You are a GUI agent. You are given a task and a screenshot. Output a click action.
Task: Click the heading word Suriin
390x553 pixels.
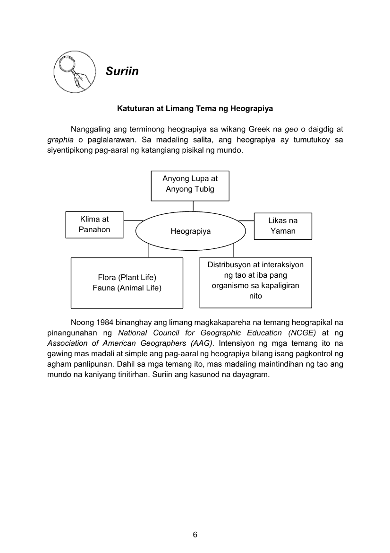pos(122,71)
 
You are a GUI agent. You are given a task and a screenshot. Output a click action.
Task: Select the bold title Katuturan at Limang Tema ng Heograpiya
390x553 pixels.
pos(195,108)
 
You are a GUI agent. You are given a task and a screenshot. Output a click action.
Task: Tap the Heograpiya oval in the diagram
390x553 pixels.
pos(191,231)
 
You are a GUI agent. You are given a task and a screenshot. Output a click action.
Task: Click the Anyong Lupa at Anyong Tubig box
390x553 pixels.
pos(190,185)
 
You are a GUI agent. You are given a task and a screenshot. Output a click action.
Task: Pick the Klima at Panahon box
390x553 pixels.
pos(94,225)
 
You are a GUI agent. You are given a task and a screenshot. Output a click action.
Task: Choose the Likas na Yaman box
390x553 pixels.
pos(283,226)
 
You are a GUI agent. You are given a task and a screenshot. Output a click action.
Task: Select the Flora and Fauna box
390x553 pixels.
pos(127,283)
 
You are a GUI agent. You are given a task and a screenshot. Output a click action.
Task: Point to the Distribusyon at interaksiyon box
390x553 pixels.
pos(255,282)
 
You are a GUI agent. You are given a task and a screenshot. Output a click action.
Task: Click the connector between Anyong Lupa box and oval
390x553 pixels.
pos(193,206)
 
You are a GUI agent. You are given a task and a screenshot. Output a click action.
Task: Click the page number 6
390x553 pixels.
pos(195,535)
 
